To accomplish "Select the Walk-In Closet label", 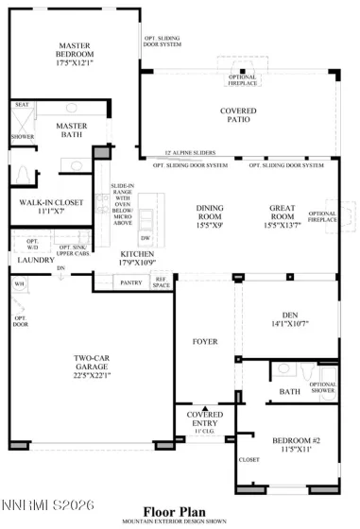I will click(x=45, y=202).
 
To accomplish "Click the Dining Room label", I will click(x=210, y=209).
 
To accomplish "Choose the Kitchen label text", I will click(x=138, y=254).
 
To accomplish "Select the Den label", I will click(x=289, y=318).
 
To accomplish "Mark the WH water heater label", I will click(x=18, y=283).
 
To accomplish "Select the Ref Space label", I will click(x=161, y=281).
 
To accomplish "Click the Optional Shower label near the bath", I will click(x=322, y=387).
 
